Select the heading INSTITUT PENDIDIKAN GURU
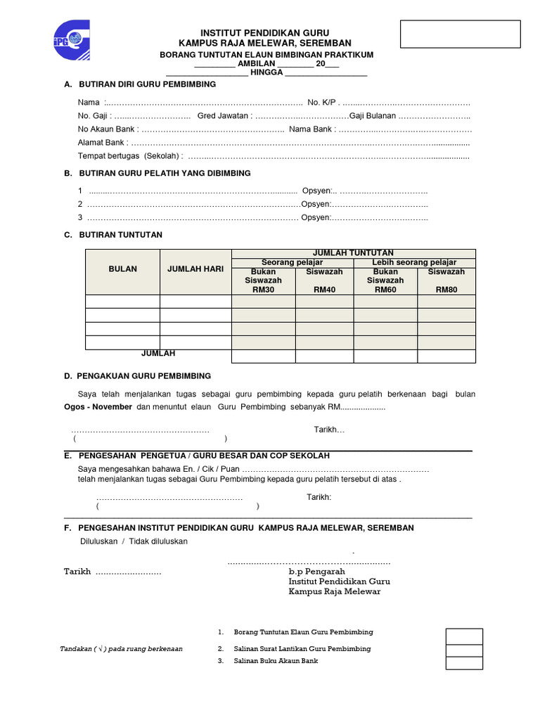265,33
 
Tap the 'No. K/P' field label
323,103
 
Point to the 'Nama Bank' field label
311,129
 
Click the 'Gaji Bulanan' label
373,116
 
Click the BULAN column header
123,269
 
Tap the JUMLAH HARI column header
195,269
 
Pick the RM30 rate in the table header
264,289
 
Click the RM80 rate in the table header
446,289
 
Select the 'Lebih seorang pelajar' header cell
414,262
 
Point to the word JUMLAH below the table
158,354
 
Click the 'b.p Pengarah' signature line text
316,572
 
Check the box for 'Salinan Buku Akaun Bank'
464,662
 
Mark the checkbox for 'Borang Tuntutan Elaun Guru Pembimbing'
464,636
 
